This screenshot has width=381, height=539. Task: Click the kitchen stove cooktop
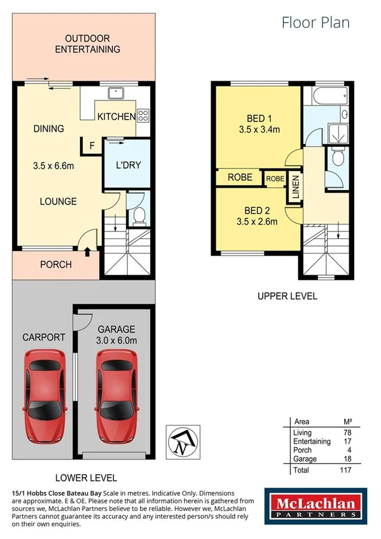(143, 116)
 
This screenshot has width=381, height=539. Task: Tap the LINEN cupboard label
(295, 186)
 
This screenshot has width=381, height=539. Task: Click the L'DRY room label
(128, 166)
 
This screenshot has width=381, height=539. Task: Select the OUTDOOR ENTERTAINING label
(87, 44)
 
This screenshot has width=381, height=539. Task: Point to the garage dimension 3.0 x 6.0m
(117, 341)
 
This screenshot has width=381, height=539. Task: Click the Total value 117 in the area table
(345, 470)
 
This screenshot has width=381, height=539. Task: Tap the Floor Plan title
(315, 22)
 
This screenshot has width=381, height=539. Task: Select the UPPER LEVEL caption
(287, 296)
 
